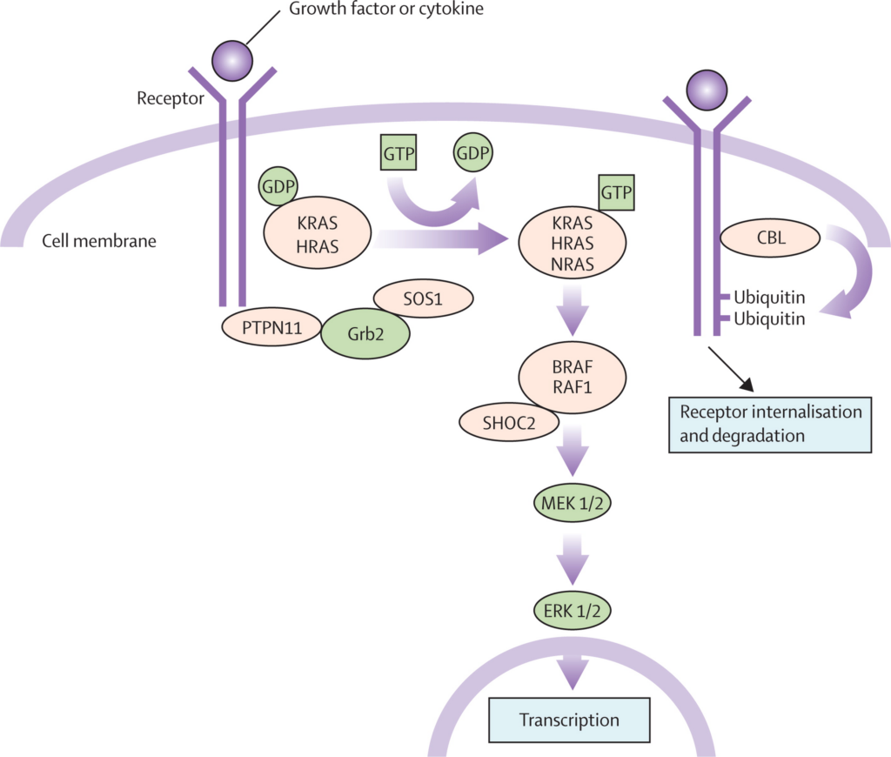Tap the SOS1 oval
coord(424,298)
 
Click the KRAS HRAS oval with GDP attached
coord(318,236)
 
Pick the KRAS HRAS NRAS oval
coord(572,243)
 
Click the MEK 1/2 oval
coord(572,503)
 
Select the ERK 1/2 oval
coord(572,609)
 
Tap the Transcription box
coord(569,720)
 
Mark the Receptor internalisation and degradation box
coord(770,423)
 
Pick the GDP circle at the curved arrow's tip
coord(472,156)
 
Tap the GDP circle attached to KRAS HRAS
coord(278,185)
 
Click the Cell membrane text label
coord(99,241)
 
